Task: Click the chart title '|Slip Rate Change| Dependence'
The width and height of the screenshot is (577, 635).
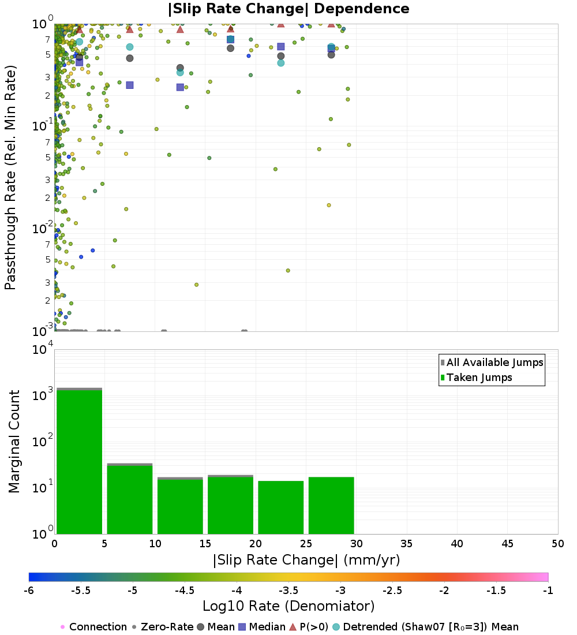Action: pos(288,9)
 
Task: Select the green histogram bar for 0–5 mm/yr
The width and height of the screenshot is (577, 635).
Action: pos(80,462)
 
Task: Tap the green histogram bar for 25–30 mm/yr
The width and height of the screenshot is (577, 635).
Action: pos(331,506)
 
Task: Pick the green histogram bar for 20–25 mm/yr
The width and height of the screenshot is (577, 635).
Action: pos(281,507)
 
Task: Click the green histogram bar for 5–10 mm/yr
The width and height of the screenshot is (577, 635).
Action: pos(130,500)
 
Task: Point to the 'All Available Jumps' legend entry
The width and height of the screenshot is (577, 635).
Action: pos(492,363)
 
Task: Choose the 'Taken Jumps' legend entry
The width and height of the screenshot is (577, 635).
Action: pos(477,378)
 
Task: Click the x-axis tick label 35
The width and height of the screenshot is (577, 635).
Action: pos(407,543)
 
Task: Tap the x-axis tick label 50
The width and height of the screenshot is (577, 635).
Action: pos(557,543)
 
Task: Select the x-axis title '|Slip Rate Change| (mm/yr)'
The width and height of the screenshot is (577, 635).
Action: pos(306,560)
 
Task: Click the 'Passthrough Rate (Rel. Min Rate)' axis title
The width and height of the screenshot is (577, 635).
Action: pos(10,177)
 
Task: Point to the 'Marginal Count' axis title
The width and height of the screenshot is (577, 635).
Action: pos(14,442)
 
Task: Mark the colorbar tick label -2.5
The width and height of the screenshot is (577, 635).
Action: pos(392,591)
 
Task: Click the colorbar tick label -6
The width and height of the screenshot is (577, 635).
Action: pos(29,591)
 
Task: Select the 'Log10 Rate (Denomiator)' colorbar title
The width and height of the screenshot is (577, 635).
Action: pos(288,606)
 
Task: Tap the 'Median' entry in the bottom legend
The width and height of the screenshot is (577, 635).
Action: pos(263,627)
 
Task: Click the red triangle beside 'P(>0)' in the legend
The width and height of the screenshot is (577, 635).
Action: pos(293,627)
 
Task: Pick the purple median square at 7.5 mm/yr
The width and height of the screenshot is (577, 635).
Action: pos(130,85)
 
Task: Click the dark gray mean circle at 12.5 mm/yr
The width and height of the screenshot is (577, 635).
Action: pos(180,68)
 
